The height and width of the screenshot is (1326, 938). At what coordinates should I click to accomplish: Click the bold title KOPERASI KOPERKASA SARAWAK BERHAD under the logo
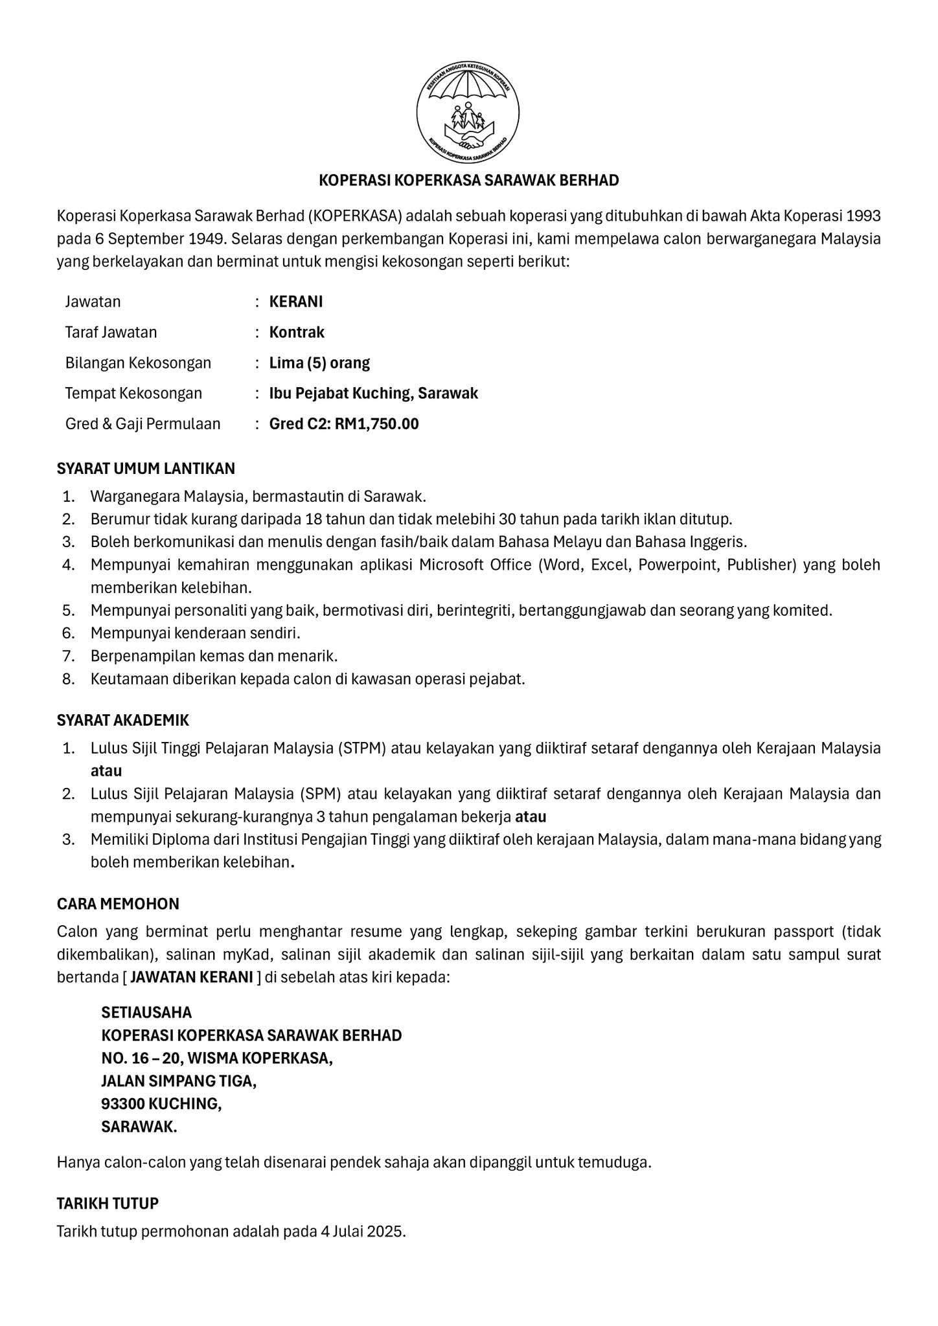pos(468,180)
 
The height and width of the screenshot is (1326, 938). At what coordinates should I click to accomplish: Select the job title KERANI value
pos(296,302)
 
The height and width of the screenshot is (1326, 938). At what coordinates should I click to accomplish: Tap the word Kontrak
pos(297,332)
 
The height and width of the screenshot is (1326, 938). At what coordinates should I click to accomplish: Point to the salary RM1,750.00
pos(376,424)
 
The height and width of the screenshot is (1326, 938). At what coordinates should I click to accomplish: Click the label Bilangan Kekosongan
pos(138,363)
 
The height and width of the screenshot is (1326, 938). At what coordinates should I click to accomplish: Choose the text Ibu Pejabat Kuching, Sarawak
pos(374,393)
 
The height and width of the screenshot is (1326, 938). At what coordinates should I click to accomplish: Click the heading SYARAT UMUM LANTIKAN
pos(146,468)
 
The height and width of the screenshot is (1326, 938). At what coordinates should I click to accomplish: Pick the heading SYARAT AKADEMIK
pos(123,720)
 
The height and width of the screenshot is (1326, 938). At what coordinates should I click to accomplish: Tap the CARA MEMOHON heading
pos(118,903)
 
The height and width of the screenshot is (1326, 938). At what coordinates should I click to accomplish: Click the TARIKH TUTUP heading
pos(108,1204)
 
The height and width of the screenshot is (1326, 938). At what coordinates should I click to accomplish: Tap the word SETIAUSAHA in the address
pos(146,1012)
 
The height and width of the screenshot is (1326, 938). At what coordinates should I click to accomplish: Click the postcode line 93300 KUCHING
pos(161,1104)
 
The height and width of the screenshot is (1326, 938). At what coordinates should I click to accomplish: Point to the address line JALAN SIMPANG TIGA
pos(179,1081)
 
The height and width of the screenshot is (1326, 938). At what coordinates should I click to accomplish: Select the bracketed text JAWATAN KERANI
pos(191,977)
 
